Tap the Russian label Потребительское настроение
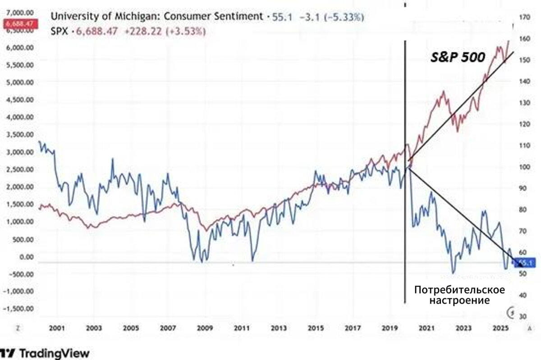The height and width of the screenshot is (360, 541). [459, 295]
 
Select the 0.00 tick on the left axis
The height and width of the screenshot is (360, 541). [27, 256]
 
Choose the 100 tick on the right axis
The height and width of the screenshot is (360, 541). [524, 167]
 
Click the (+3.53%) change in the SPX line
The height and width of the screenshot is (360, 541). [187, 31]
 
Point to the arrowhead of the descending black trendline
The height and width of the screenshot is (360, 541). [514, 259]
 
